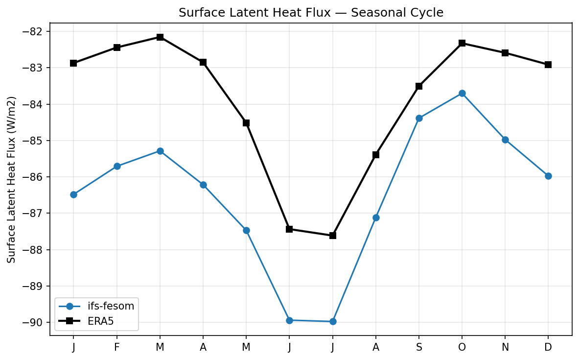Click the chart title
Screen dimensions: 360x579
[311, 13]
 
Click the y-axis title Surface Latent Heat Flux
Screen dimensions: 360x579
[12, 179]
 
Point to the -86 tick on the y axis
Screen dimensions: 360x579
[34, 177]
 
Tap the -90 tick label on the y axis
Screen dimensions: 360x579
[34, 322]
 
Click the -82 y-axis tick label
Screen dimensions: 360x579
[34, 31]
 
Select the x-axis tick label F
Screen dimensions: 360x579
[117, 347]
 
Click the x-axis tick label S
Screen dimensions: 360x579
[419, 347]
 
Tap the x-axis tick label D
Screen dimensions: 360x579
[548, 347]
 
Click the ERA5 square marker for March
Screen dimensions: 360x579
[160, 37]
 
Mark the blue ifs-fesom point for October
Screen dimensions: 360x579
[462, 93]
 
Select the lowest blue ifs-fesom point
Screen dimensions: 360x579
[333, 321]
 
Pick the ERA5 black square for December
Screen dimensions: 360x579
[548, 65]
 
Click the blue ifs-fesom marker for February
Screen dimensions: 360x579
[117, 166]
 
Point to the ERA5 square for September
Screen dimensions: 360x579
[419, 86]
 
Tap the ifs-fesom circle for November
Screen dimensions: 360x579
[505, 140]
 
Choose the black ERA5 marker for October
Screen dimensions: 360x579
[462, 43]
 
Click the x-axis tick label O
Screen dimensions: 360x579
[462, 347]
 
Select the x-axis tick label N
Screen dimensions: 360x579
[505, 347]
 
